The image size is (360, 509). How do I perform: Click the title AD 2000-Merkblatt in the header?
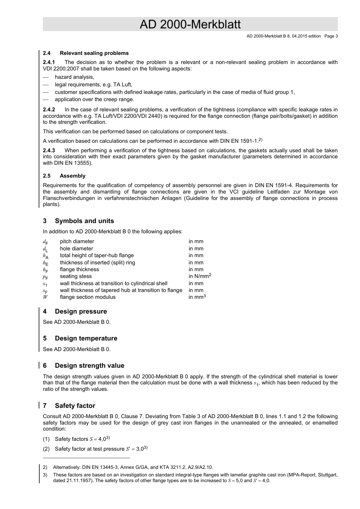click(190, 24)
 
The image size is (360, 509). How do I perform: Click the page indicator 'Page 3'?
click(331, 36)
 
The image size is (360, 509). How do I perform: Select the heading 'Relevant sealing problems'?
click(94, 53)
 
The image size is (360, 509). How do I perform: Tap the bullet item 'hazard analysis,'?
click(74, 77)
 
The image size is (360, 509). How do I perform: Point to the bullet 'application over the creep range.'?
click(94, 100)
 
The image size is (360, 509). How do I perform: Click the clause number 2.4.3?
click(49, 150)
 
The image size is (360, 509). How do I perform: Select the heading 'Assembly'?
click(72, 176)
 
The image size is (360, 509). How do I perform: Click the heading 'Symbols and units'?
click(84, 221)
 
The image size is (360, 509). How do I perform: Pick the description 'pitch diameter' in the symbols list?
click(77, 242)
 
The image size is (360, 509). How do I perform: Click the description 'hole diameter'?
click(76, 249)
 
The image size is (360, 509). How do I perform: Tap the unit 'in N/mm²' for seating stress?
click(200, 276)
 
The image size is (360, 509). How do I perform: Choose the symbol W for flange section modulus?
click(45, 297)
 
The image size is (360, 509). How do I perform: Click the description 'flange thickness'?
click(79, 270)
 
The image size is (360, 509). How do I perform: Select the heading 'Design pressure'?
click(81, 312)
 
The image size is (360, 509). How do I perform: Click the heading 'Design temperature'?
click(86, 339)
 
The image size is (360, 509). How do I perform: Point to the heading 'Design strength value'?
click(89, 366)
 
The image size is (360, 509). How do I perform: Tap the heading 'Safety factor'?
click(75, 406)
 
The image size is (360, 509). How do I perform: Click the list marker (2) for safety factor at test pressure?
click(46, 449)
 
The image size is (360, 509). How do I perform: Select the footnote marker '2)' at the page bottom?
click(45, 468)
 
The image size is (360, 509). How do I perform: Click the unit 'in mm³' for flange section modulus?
click(197, 297)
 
